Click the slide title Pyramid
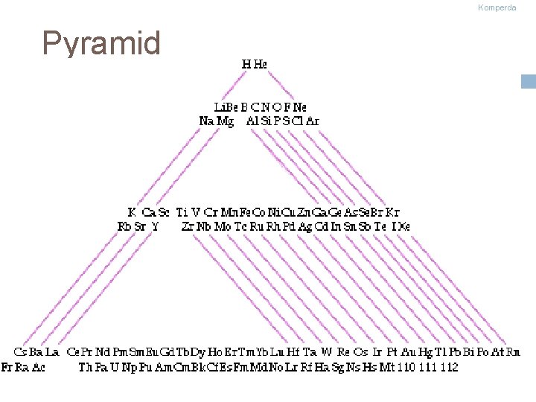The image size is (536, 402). coord(101,43)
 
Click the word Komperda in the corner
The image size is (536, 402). coord(497,7)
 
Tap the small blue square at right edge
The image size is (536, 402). coord(529,81)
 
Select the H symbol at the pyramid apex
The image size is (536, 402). coord(246,64)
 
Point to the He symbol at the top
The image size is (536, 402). coord(260,64)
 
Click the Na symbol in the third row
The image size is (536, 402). coord(206,121)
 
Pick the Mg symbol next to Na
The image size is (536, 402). coord(224,121)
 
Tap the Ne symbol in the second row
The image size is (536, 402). coord(300,107)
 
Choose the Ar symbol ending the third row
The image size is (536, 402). coord(313,121)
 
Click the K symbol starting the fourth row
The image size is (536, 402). coord(132,213)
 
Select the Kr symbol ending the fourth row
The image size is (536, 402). coord(393,213)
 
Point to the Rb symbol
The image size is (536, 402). coord(125,226)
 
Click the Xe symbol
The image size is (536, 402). coord(402,226)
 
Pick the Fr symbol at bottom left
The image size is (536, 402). coord(7,367)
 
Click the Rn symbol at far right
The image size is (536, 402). coord(513,351)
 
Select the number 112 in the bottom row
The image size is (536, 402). coord(449,367)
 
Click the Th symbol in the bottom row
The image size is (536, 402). coord(86,367)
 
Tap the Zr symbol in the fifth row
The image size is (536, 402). coord(188,226)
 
